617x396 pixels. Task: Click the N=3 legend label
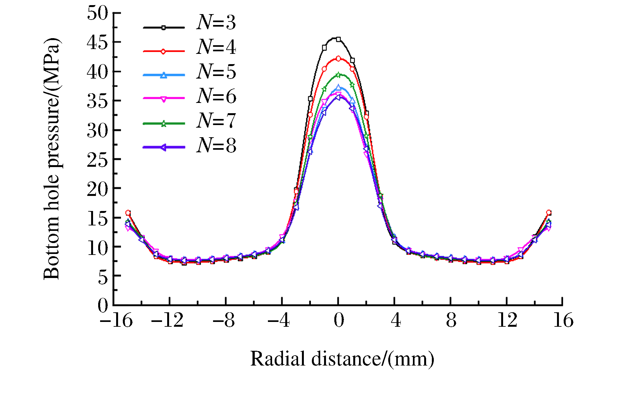[x=216, y=22]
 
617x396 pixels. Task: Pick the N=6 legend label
[x=216, y=96]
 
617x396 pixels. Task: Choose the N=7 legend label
[x=216, y=121]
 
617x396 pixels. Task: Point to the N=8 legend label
[x=216, y=145]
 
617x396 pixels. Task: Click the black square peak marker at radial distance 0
[x=338, y=39]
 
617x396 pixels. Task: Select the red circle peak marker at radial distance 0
[x=338, y=59]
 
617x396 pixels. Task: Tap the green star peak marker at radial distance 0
[x=338, y=75]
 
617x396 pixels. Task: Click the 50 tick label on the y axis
[x=98, y=13]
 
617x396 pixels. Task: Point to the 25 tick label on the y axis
[x=98, y=159]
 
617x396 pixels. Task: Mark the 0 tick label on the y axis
[x=103, y=305]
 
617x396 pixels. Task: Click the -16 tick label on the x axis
[x=116, y=320]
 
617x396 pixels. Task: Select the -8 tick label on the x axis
[x=224, y=320]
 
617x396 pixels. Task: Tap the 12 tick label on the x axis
[x=507, y=320]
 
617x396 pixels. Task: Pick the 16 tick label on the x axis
[x=563, y=320]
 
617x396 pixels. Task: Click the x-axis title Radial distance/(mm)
[x=342, y=358]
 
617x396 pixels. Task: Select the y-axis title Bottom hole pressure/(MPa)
[x=52, y=159]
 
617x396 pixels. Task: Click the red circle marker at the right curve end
[x=549, y=213]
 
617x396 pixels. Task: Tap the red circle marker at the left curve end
[x=128, y=213]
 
